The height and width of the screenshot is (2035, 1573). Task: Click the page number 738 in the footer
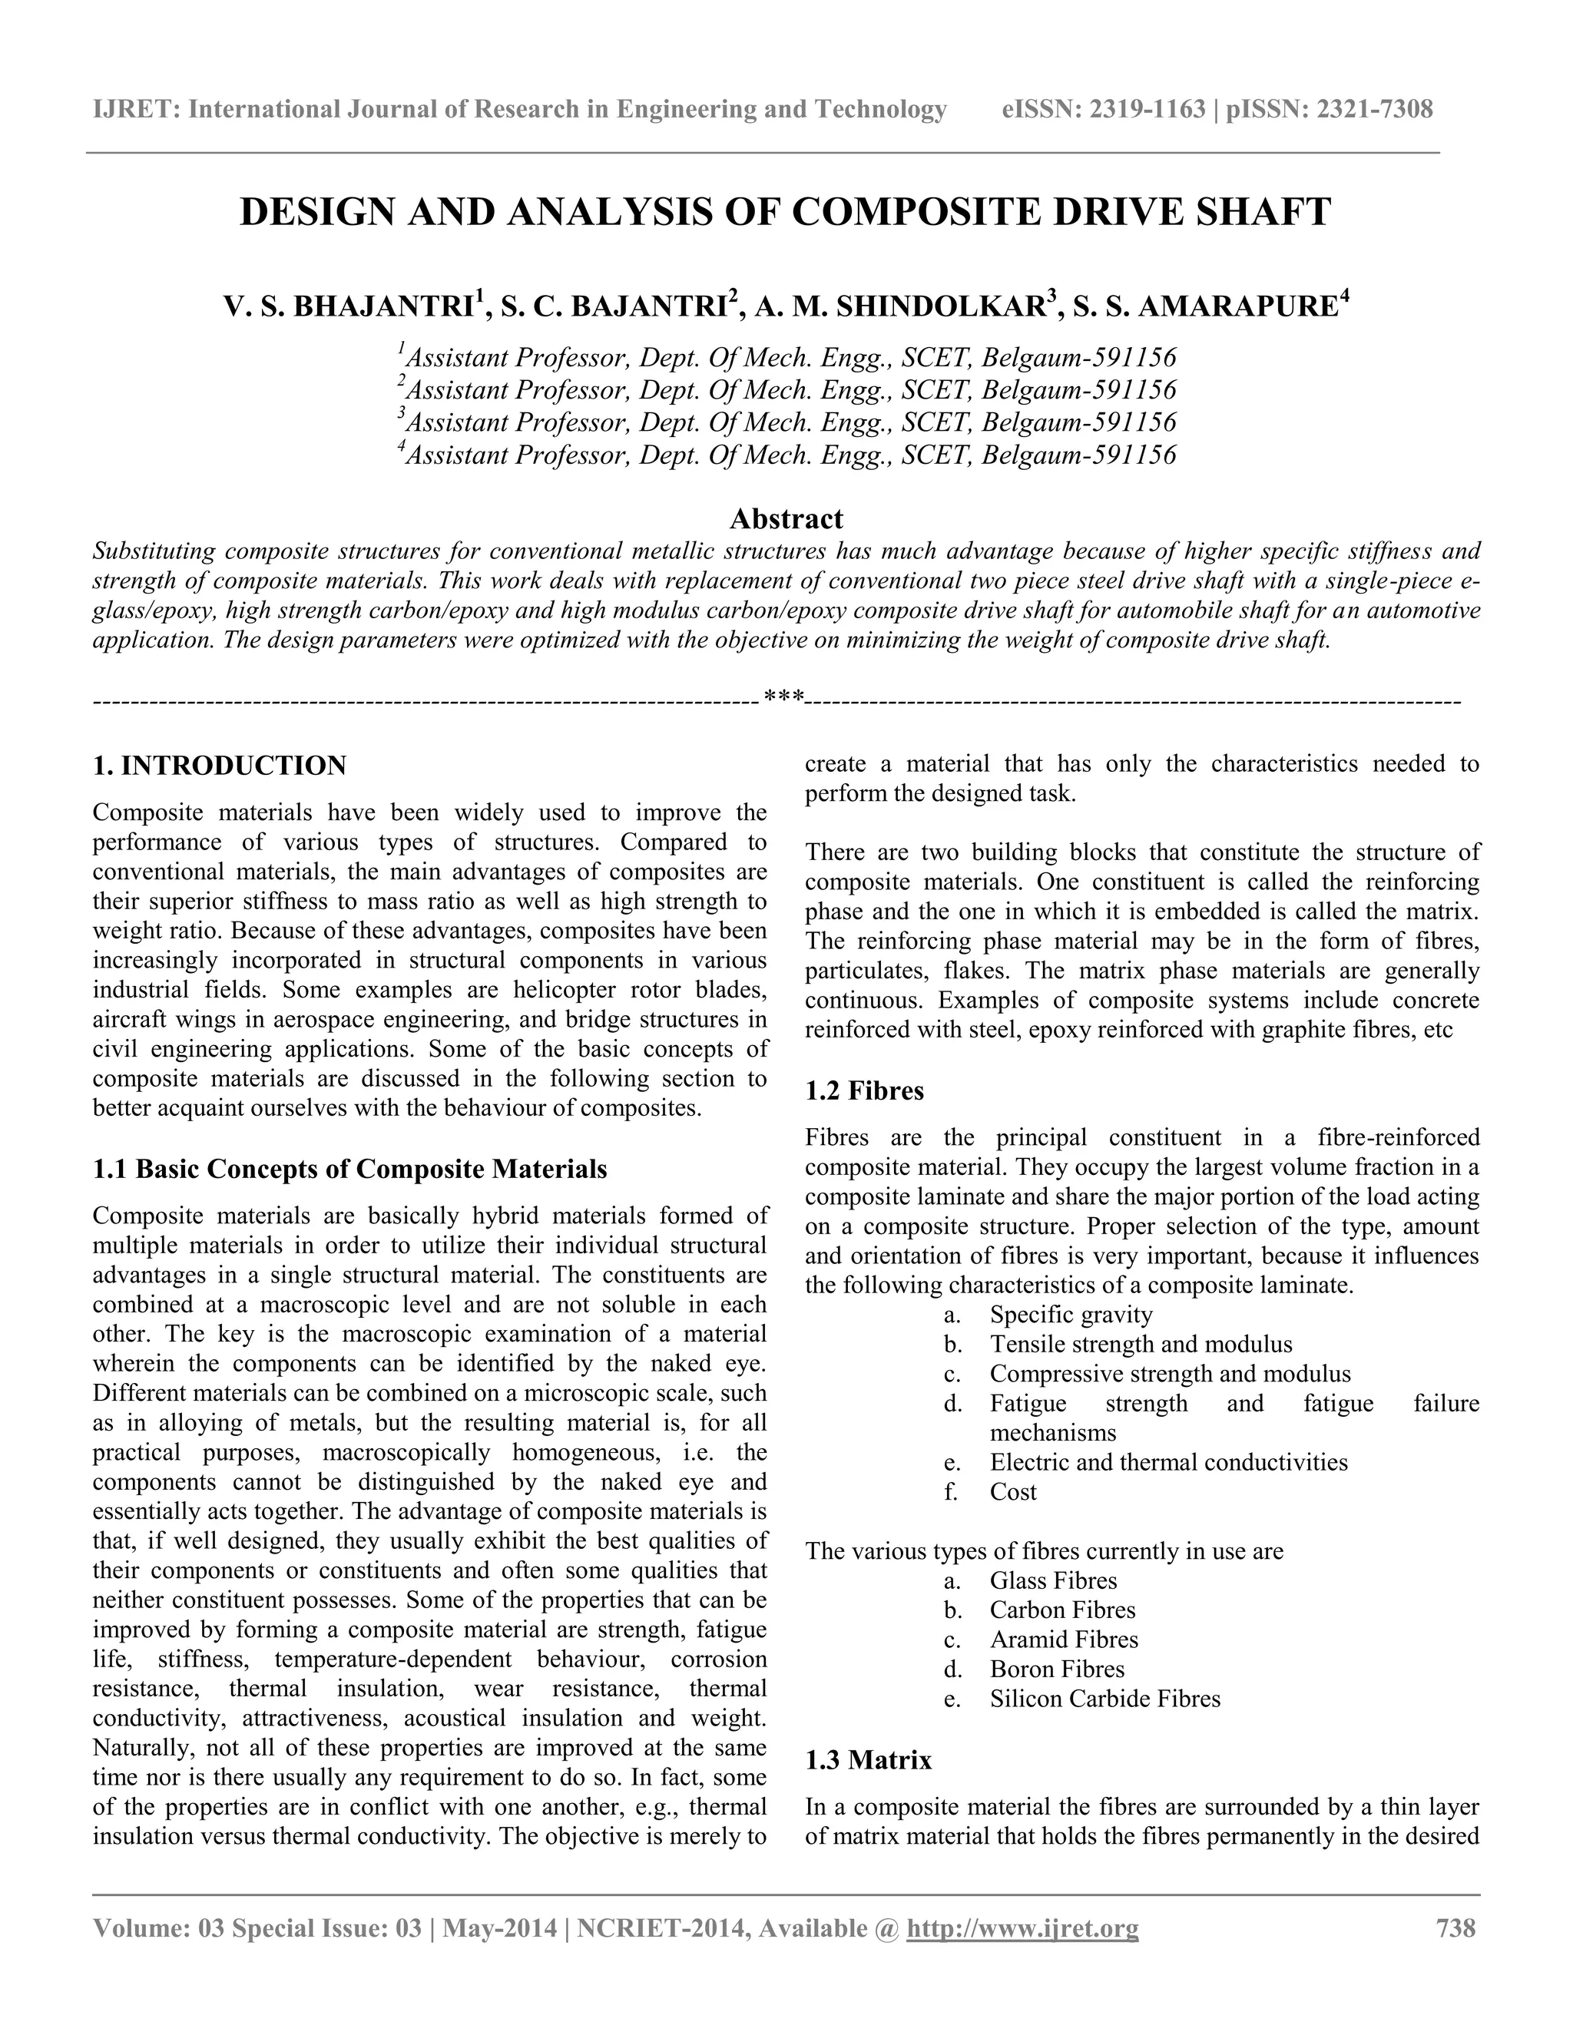[x=1455, y=1927]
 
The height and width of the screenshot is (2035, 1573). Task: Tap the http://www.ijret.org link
[x=1022, y=1927]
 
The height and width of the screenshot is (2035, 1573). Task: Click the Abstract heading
[x=786, y=518]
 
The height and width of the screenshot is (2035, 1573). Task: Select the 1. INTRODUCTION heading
[x=219, y=766]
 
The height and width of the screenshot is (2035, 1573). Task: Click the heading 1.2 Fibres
[x=864, y=1090]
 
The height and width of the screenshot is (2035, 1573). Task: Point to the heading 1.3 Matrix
[x=868, y=1760]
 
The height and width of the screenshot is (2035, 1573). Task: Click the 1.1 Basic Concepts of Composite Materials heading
[x=349, y=1169]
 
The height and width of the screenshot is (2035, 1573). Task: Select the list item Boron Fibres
[x=1057, y=1669]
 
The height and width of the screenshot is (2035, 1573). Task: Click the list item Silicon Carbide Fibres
[x=1104, y=1699]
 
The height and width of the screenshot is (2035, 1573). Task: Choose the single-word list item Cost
[x=1013, y=1492]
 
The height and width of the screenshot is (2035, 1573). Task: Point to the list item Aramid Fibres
[x=1063, y=1639]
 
